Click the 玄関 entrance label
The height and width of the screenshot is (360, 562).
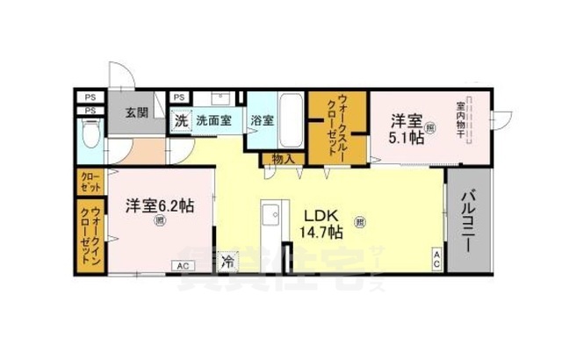[x=135, y=112]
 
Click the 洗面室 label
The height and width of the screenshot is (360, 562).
[x=213, y=120]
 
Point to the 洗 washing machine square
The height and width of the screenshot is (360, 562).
[x=181, y=120]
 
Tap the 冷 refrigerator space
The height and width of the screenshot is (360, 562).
[x=228, y=260]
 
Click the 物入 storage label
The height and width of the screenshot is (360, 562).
[x=282, y=160]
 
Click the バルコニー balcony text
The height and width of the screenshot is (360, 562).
[x=467, y=218]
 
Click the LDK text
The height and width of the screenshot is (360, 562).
[x=320, y=214]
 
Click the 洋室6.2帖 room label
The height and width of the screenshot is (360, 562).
[x=159, y=205]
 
